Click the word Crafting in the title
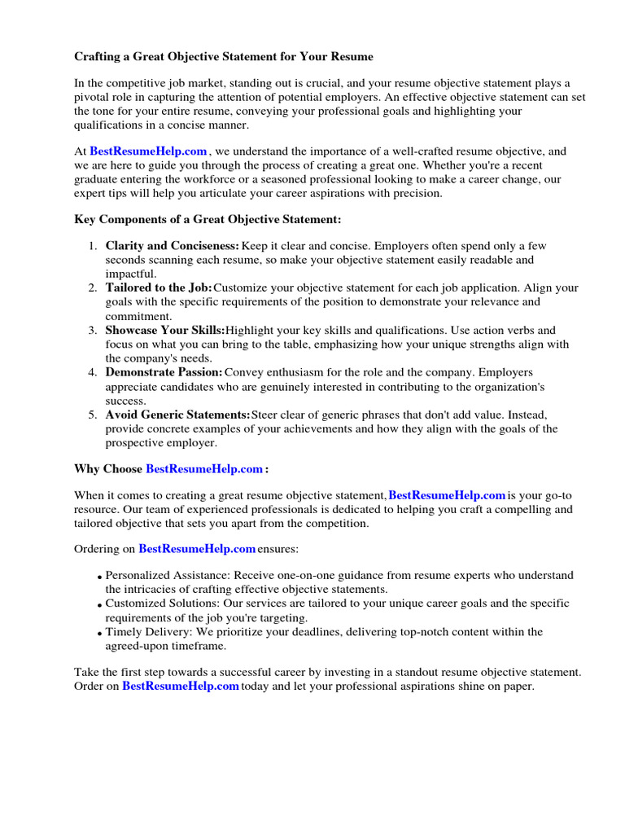pos(99,57)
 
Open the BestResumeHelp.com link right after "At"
pos(148,151)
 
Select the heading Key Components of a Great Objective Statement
pos(208,220)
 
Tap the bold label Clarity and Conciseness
pos(172,246)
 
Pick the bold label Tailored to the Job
pos(158,288)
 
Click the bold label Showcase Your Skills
pos(164,331)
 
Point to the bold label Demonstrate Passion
pos(164,373)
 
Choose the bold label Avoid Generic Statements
pos(177,415)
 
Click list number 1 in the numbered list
pos(93,246)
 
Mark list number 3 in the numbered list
pos(93,331)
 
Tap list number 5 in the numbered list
pos(93,415)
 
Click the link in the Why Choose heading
pos(204,469)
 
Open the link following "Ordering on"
pos(197,549)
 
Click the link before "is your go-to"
pos(448,495)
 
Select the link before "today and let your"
pos(181,686)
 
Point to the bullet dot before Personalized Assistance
pos(99,578)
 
